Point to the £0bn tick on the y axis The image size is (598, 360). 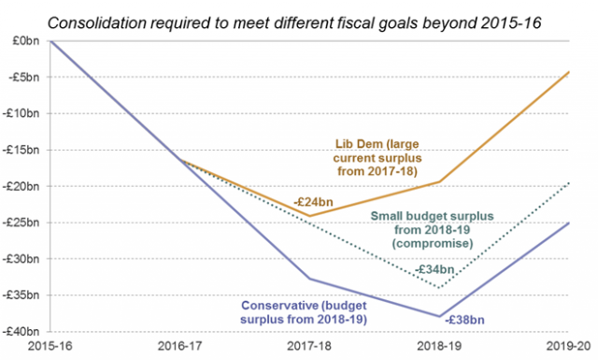[26, 41]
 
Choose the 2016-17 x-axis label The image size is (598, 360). [179, 348]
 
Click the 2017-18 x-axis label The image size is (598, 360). [309, 348]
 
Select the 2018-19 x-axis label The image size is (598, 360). [439, 348]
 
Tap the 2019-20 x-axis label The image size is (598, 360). [568, 348]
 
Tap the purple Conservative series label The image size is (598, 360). [309, 312]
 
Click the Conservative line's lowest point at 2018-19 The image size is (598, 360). [439, 316]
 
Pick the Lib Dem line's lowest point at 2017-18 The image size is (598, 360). [309, 216]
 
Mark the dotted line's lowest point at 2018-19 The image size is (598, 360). [439, 287]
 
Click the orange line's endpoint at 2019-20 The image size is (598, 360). [568, 71]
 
